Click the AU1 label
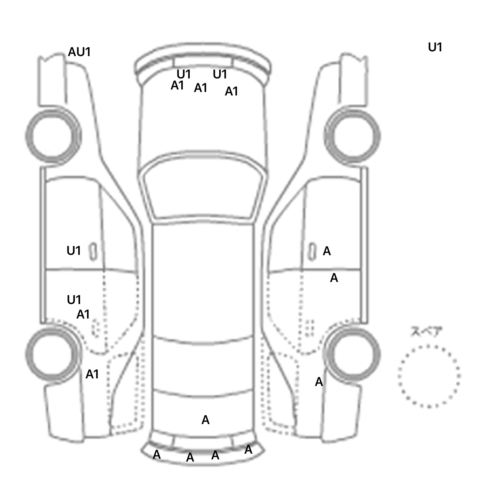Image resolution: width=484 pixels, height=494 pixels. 79,52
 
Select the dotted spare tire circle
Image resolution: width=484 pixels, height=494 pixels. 429,376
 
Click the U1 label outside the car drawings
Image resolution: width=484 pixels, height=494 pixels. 435,48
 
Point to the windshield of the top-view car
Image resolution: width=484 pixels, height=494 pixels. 204,189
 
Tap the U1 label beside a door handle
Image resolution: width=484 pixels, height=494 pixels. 74,251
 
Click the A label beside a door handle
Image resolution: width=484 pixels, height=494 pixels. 327,251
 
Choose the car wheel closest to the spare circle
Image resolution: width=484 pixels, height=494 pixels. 353,353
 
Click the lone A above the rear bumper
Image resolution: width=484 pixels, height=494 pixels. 205,420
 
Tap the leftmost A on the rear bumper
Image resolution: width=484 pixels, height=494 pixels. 157,455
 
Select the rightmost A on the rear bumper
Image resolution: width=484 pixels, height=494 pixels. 248,450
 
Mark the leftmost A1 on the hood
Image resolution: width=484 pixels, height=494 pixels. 177,85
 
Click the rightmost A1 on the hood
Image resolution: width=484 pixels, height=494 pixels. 231,91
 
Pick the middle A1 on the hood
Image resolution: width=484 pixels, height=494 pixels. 200,88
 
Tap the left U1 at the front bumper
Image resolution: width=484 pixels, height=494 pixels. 184,74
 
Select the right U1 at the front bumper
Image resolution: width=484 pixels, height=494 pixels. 220,74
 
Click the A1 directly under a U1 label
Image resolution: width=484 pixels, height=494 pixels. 83,314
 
